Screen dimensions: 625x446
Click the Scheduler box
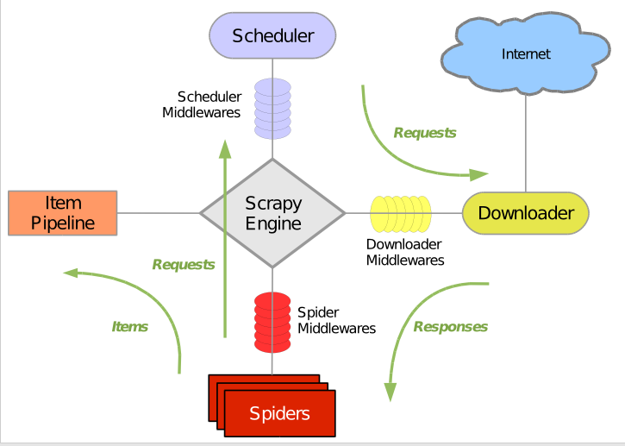coord(272,35)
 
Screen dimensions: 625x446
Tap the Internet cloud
coord(525,53)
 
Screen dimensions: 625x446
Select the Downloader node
coord(525,213)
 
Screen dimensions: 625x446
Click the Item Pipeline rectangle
coord(63,213)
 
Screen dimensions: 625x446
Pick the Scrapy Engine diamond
coord(272,213)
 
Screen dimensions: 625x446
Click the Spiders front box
coord(280,413)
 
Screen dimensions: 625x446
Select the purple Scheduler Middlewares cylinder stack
coord(272,109)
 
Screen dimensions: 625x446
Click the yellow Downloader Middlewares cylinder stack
coord(401,214)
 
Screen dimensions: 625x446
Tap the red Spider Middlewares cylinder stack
coord(272,323)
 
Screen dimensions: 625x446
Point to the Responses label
coord(450,327)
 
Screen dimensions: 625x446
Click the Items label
coord(130,327)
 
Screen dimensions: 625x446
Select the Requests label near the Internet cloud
coord(425,133)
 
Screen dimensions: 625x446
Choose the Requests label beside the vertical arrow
coord(184,265)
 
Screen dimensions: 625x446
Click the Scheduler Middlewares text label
coord(201,104)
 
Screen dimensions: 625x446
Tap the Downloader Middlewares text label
coord(405,252)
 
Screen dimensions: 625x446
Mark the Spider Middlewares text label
coord(336,320)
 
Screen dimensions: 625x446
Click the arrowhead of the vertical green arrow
coord(225,148)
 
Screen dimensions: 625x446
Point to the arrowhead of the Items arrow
coord(71,273)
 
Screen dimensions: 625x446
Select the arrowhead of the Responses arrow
coord(391,393)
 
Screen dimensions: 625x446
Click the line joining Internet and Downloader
coord(526,143)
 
